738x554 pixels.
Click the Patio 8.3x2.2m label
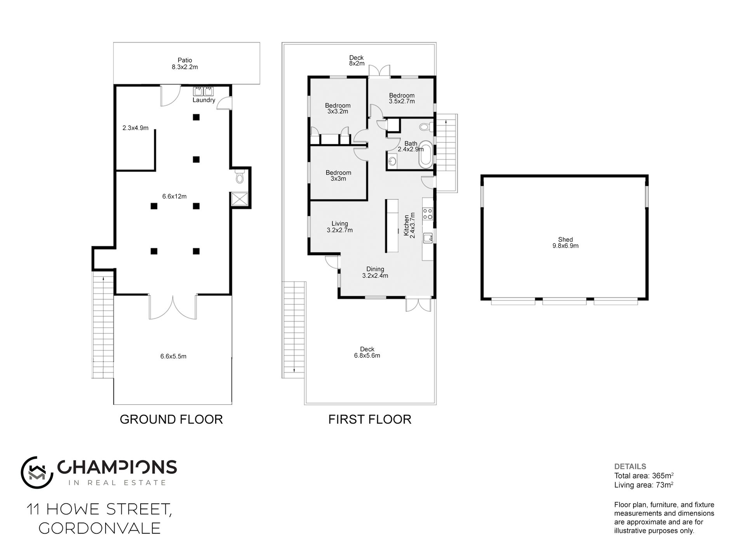pyautogui.click(x=185, y=63)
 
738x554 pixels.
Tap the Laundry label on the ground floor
pyautogui.click(x=204, y=100)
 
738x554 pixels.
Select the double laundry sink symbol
pyautogui.click(x=204, y=91)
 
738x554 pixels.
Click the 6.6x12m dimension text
pyautogui.click(x=174, y=196)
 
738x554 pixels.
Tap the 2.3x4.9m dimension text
pyautogui.click(x=136, y=128)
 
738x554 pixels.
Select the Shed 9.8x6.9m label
pyautogui.click(x=566, y=243)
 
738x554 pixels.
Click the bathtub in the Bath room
pyautogui.click(x=426, y=154)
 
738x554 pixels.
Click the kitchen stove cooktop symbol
pyautogui.click(x=428, y=213)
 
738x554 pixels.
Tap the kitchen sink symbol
pyautogui.click(x=428, y=238)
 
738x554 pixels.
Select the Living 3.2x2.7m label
pyautogui.click(x=340, y=227)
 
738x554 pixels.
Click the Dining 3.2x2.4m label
pyautogui.click(x=375, y=272)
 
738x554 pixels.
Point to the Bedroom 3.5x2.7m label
pyautogui.click(x=402, y=98)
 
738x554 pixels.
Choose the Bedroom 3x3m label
pyautogui.click(x=338, y=176)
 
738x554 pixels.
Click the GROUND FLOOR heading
pyautogui.click(x=171, y=419)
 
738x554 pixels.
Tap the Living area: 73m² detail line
pyautogui.click(x=644, y=485)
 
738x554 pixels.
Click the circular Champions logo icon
pyautogui.click(x=37, y=472)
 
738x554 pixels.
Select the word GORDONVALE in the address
pyautogui.click(x=100, y=528)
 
